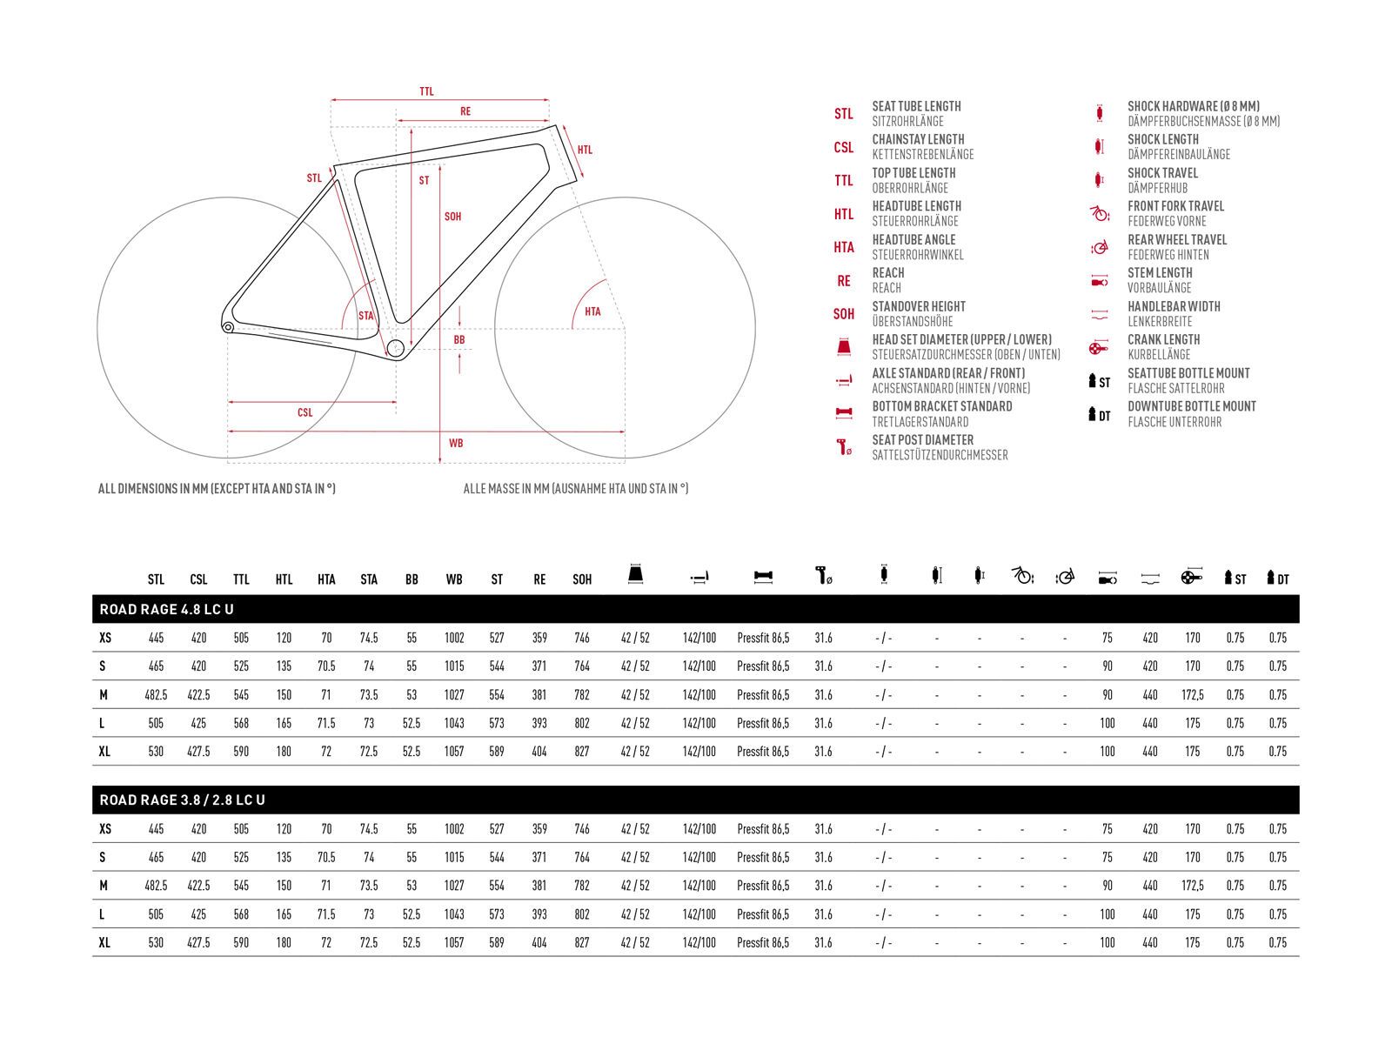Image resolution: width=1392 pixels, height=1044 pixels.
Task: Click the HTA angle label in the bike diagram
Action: [x=592, y=311]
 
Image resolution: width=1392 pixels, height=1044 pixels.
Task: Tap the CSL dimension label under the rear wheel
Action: [x=304, y=412]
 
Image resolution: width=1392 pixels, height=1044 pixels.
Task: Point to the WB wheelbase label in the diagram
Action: [x=456, y=443]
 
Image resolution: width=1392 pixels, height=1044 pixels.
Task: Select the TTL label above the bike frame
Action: [x=426, y=91]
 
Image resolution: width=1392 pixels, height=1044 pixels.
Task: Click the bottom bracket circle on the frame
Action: [x=395, y=349]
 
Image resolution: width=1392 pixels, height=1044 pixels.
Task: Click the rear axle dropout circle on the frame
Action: [x=228, y=327]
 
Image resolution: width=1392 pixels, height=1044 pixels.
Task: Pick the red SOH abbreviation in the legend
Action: [x=843, y=314]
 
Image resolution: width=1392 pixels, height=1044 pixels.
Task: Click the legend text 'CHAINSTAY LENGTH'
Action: [x=918, y=139]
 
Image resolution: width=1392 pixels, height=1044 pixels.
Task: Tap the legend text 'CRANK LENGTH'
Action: [x=1163, y=339]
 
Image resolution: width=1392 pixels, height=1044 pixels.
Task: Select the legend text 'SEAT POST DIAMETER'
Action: [x=922, y=440]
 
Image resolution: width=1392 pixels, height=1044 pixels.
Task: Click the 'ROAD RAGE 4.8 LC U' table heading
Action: [x=166, y=609]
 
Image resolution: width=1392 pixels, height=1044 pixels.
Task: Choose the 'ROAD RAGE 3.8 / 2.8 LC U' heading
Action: [x=182, y=800]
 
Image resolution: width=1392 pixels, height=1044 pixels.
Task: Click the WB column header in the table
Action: [x=454, y=579]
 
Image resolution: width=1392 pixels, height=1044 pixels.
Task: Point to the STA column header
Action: [x=369, y=579]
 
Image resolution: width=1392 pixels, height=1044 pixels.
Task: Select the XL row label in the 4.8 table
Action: [x=104, y=752]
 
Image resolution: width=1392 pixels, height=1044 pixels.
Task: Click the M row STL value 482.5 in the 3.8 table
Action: [x=156, y=886]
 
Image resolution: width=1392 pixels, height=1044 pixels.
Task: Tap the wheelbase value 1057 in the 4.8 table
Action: [x=454, y=752]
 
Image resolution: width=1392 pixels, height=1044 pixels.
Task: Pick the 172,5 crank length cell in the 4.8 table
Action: [x=1193, y=695]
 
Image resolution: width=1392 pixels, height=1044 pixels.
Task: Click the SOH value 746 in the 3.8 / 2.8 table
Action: [x=582, y=829]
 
